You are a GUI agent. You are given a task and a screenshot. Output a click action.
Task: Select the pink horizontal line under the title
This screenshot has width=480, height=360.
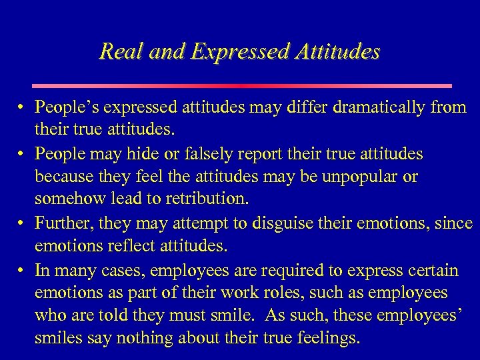pos(242,86)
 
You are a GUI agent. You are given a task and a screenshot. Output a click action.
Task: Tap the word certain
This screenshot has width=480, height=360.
pos(433,271)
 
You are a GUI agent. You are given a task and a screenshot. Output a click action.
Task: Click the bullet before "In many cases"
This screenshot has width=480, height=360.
pos(22,271)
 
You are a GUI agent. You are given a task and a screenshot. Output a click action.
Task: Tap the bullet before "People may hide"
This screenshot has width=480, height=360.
pos(22,154)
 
